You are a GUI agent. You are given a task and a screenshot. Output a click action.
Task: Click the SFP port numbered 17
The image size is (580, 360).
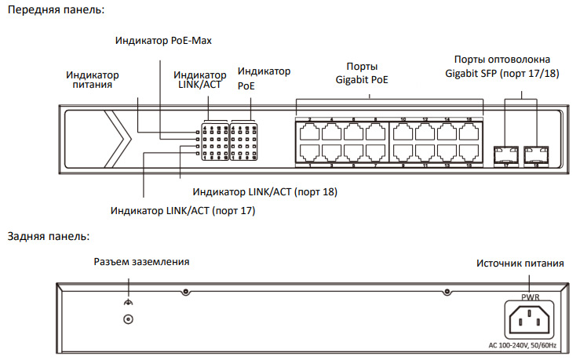(505, 152)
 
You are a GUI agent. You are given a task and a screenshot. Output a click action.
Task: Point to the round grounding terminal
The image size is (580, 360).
(128, 318)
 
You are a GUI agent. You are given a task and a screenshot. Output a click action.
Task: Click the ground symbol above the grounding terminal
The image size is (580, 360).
(128, 302)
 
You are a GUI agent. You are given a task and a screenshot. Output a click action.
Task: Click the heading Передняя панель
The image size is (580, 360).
(54, 10)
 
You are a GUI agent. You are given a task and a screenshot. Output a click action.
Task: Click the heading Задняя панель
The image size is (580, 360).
(48, 235)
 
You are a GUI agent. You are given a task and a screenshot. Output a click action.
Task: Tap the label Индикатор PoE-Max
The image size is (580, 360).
(163, 39)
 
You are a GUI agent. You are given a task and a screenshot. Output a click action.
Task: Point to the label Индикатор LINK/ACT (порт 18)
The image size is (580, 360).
(264, 191)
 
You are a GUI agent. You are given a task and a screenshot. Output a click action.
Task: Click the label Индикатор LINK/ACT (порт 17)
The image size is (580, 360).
(183, 210)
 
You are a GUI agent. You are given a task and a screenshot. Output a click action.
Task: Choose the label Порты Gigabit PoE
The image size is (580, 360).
(362, 72)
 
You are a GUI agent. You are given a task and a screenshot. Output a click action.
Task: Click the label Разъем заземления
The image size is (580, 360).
(141, 261)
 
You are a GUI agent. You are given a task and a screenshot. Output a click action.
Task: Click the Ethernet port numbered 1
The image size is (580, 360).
(310, 153)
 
